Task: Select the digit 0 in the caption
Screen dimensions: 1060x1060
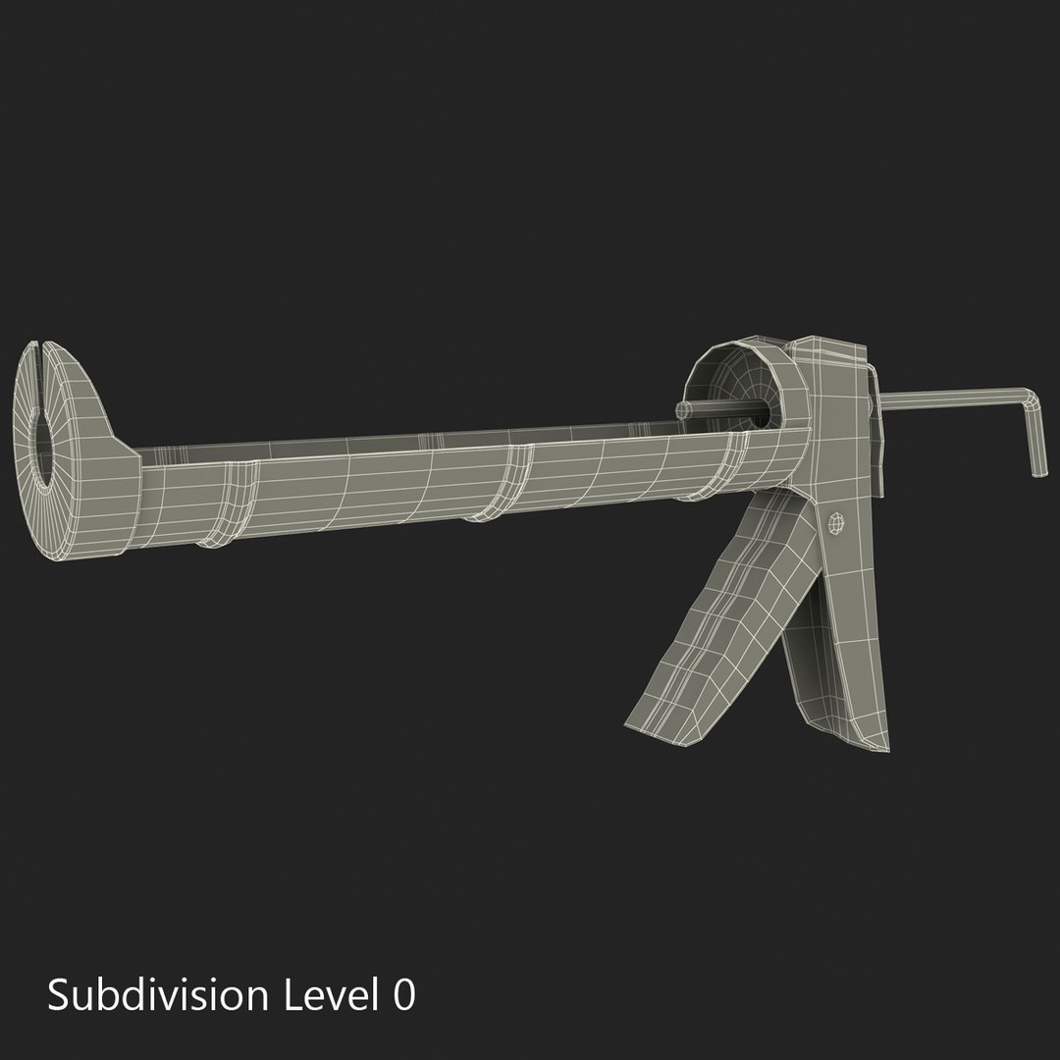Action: click(x=402, y=995)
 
